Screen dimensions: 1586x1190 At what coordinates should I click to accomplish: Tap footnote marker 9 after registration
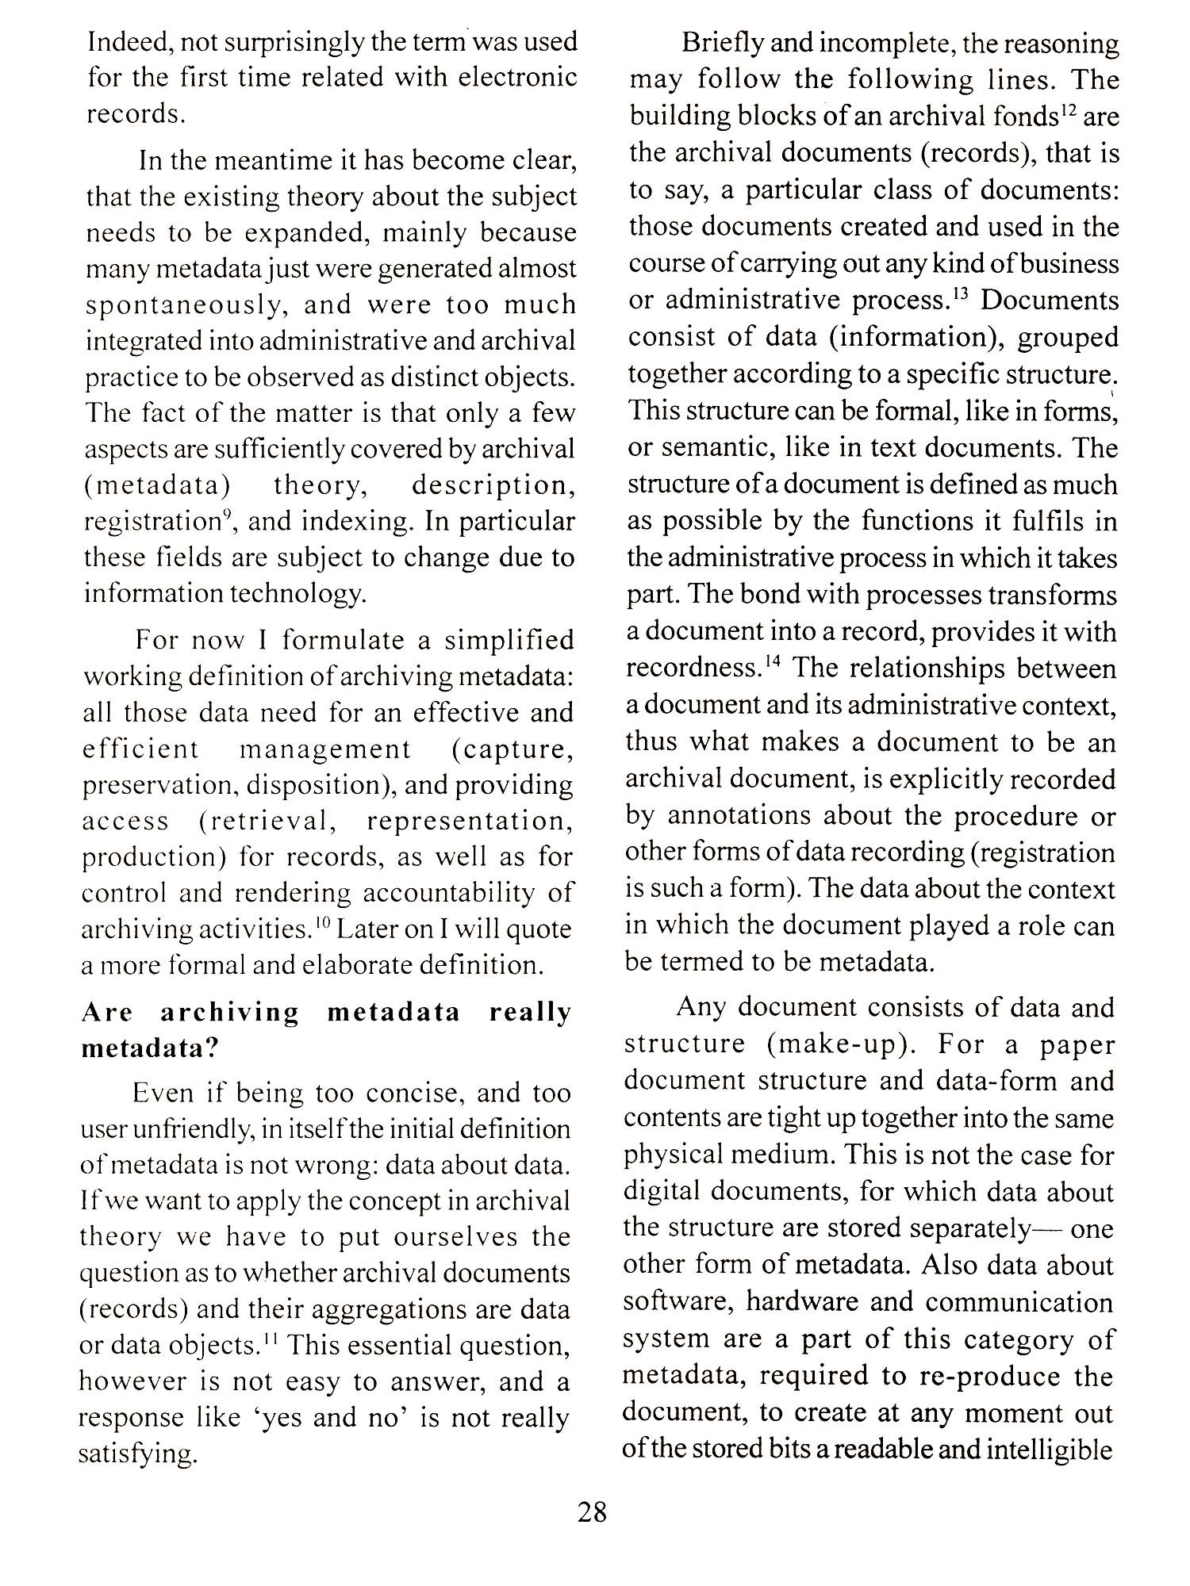coord(227,515)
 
